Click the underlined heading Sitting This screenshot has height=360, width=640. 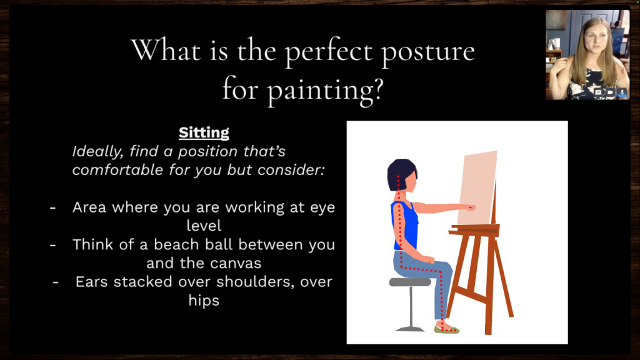204,132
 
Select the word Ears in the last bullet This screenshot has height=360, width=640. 94,282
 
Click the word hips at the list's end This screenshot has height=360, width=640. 204,301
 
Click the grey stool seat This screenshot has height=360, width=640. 410,282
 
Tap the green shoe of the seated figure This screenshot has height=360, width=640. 446,329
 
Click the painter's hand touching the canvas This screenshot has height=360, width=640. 470,207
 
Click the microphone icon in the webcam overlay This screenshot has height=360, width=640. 622,92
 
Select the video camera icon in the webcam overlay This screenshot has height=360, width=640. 609,92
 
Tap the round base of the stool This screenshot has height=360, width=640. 410,328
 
